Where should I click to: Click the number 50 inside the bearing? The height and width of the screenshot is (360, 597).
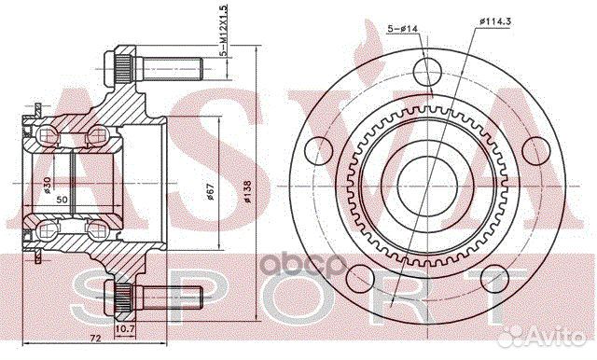click(62, 199)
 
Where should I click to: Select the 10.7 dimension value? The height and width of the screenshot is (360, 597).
click(125, 329)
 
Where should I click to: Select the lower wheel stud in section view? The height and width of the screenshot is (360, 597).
click(159, 299)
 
